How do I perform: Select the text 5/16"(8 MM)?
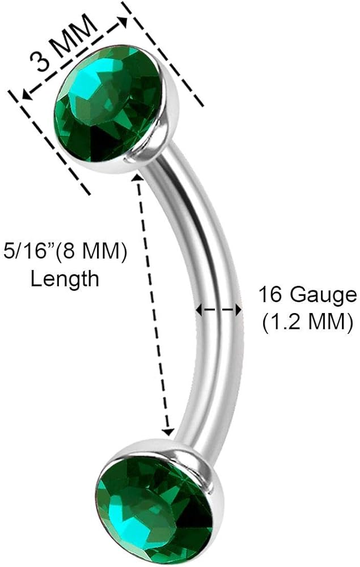pyautogui.click(x=64, y=252)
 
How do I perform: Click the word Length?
pyautogui.click(x=65, y=278)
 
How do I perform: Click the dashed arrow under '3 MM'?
pyautogui.click(x=74, y=59)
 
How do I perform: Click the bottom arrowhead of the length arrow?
pyautogui.click(x=168, y=432)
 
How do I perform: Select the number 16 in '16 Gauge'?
pyautogui.click(x=270, y=295)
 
